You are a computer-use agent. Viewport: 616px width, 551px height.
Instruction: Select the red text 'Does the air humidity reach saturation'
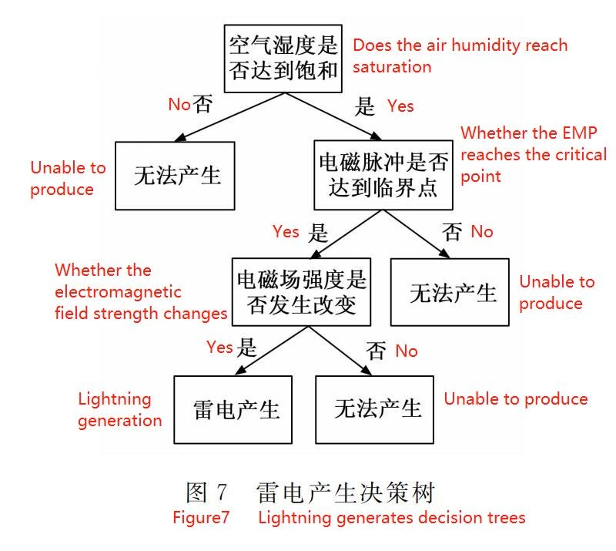460,55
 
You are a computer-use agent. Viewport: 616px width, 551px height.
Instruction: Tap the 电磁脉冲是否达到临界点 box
383,175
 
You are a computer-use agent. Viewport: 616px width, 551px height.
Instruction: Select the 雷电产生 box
233,408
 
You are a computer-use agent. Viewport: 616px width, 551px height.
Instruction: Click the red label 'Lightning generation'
119,409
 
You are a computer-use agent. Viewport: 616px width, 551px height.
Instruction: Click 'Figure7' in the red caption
201,518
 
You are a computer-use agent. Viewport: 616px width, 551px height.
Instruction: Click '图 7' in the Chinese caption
207,492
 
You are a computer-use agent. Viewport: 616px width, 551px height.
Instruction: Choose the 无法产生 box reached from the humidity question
175,175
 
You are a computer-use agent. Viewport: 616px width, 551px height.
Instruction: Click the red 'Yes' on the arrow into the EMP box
400,106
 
